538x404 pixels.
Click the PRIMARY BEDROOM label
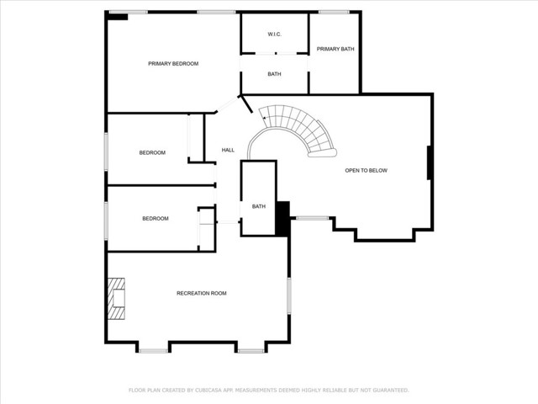click(x=173, y=64)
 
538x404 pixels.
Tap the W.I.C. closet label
click(x=275, y=34)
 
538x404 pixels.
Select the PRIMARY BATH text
click(x=335, y=49)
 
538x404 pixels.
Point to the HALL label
click(x=228, y=150)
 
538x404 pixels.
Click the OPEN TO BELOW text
click(x=367, y=170)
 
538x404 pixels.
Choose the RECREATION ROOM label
click(x=202, y=293)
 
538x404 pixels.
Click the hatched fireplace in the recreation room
click(x=116, y=299)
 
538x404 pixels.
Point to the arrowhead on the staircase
click(x=265, y=118)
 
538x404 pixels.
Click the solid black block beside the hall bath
click(x=282, y=219)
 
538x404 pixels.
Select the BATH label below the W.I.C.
click(x=275, y=74)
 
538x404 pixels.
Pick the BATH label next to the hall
click(x=259, y=206)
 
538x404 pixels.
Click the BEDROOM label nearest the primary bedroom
click(x=152, y=152)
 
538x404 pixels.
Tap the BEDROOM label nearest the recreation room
click(x=156, y=219)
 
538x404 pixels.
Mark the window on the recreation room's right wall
click(x=289, y=295)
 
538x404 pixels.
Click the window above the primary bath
click(x=334, y=13)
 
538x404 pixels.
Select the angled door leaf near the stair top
click(x=246, y=104)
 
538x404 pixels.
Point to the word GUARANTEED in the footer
click(x=391, y=391)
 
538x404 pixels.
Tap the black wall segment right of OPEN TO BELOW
click(x=429, y=162)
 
